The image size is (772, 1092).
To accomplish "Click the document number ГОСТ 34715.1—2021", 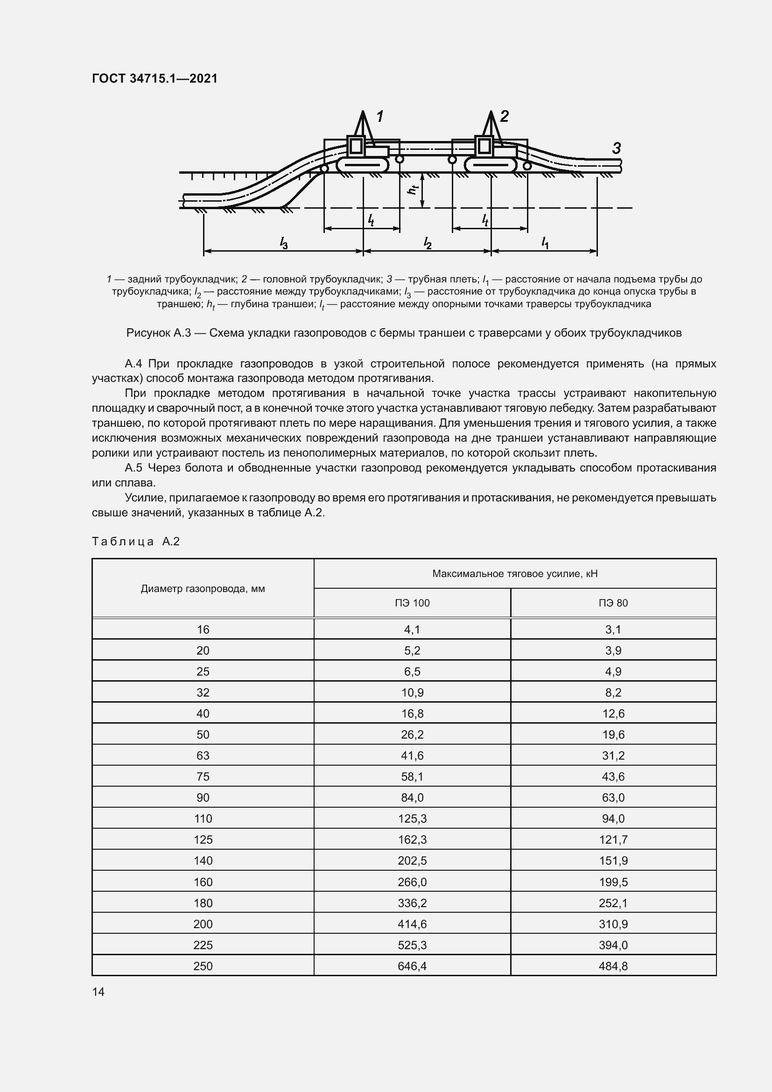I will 154,78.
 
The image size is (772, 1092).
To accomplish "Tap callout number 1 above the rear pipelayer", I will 380,116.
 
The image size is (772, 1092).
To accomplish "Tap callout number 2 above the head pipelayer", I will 505,116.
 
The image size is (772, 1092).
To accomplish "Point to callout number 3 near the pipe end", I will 617,148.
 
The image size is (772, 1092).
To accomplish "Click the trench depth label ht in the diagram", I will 414,189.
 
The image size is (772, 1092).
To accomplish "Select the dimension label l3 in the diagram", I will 284,244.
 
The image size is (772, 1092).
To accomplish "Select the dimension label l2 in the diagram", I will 428,244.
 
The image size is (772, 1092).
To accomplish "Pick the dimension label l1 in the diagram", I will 545,243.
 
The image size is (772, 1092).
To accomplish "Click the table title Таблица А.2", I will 135,541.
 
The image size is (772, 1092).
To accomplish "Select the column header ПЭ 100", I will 412,603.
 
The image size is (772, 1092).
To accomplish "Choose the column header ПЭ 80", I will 613,603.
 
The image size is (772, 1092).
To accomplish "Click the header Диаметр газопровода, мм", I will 203,589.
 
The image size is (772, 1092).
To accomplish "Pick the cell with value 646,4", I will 412,966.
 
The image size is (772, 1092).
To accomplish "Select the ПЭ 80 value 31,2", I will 613,756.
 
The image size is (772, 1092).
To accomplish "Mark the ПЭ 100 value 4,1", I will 412,630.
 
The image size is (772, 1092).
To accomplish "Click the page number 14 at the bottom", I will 98,992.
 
